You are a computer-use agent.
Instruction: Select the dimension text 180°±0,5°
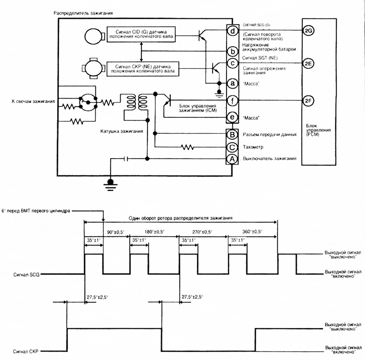coord(156,232)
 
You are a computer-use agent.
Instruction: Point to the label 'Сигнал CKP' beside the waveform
coord(27,351)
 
